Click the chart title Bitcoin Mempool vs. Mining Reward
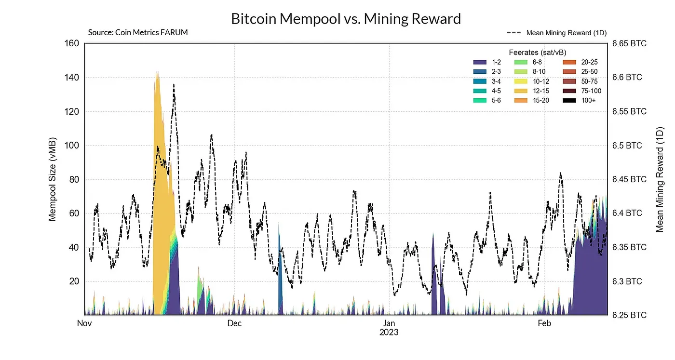pyautogui.click(x=346, y=19)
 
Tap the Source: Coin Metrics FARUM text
pyautogui.click(x=138, y=33)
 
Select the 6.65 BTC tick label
pyautogui.click(x=629, y=44)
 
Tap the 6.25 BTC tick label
pyautogui.click(x=629, y=315)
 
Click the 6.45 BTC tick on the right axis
pyautogui.click(x=629, y=180)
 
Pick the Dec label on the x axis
pyautogui.click(x=234, y=323)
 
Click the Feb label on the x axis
pyautogui.click(x=544, y=323)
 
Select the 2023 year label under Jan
pyautogui.click(x=389, y=333)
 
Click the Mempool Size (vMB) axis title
pyautogui.click(x=53, y=179)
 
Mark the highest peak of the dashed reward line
pyautogui.click(x=174, y=85)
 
